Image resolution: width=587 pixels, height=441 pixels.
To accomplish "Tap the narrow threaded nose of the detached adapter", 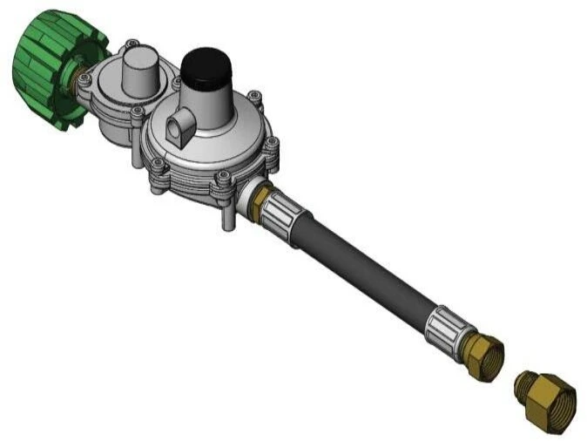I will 523,383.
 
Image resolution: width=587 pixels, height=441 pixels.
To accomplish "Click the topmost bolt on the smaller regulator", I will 131,43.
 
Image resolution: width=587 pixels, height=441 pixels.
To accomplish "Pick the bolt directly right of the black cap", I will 252,98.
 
